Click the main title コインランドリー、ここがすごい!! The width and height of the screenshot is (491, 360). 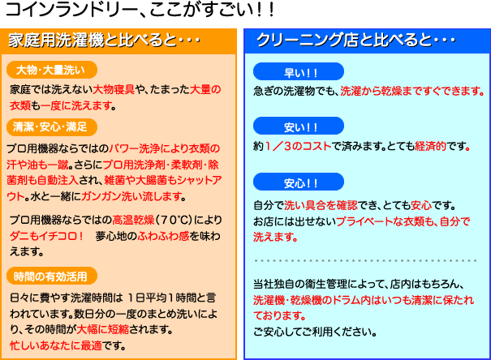(x=140, y=10)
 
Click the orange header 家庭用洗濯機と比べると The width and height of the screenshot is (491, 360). (x=104, y=41)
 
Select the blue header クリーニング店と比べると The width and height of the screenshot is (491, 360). (x=355, y=40)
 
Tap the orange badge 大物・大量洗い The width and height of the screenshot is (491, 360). (x=52, y=70)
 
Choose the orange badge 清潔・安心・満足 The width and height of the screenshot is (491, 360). (x=52, y=127)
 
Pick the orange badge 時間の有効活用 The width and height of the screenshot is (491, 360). (x=52, y=276)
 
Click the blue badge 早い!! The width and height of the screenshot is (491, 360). (x=299, y=71)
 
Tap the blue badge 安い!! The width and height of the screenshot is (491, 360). (x=299, y=126)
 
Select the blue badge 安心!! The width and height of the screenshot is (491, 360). (x=299, y=182)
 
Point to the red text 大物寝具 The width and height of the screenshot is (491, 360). (x=114, y=90)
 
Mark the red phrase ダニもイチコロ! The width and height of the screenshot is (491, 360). (x=46, y=236)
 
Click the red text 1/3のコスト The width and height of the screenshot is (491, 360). (x=298, y=146)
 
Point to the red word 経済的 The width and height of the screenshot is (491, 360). (x=430, y=146)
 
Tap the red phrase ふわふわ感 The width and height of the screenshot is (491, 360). (x=163, y=236)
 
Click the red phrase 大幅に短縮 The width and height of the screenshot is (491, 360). (x=103, y=329)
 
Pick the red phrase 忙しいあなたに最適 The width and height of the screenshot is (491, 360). (x=56, y=345)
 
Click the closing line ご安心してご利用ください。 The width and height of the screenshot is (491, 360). (x=315, y=332)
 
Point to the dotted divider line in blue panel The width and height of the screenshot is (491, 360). (x=365, y=260)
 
